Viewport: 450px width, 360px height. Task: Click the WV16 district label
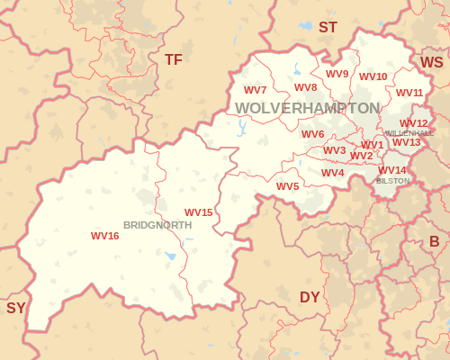pos(105,236)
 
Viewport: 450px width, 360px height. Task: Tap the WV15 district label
pos(199,212)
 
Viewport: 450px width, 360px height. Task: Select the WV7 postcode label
pos(256,90)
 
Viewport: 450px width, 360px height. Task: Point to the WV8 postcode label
pos(306,87)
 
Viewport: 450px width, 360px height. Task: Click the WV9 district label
pos(337,74)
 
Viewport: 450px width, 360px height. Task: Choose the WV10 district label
pos(373,76)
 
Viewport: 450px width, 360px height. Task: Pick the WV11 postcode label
pos(409,93)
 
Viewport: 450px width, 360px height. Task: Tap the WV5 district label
pos(288,186)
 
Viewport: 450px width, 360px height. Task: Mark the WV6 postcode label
pos(313,134)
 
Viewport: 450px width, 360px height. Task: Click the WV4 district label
pos(333,173)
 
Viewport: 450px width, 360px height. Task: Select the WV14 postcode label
pos(392,170)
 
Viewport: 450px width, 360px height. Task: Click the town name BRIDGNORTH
pos(157,225)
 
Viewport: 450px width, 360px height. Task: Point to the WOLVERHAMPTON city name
pos(308,108)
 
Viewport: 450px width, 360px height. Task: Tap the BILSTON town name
pos(393,181)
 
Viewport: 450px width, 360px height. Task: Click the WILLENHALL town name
pos(409,133)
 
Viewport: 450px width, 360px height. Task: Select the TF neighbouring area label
pos(174,59)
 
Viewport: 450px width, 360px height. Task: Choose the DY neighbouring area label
pos(310,297)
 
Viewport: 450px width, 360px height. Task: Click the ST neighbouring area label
pos(328,28)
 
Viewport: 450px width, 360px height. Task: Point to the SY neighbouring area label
pos(16,308)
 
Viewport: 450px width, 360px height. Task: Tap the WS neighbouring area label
pos(432,62)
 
